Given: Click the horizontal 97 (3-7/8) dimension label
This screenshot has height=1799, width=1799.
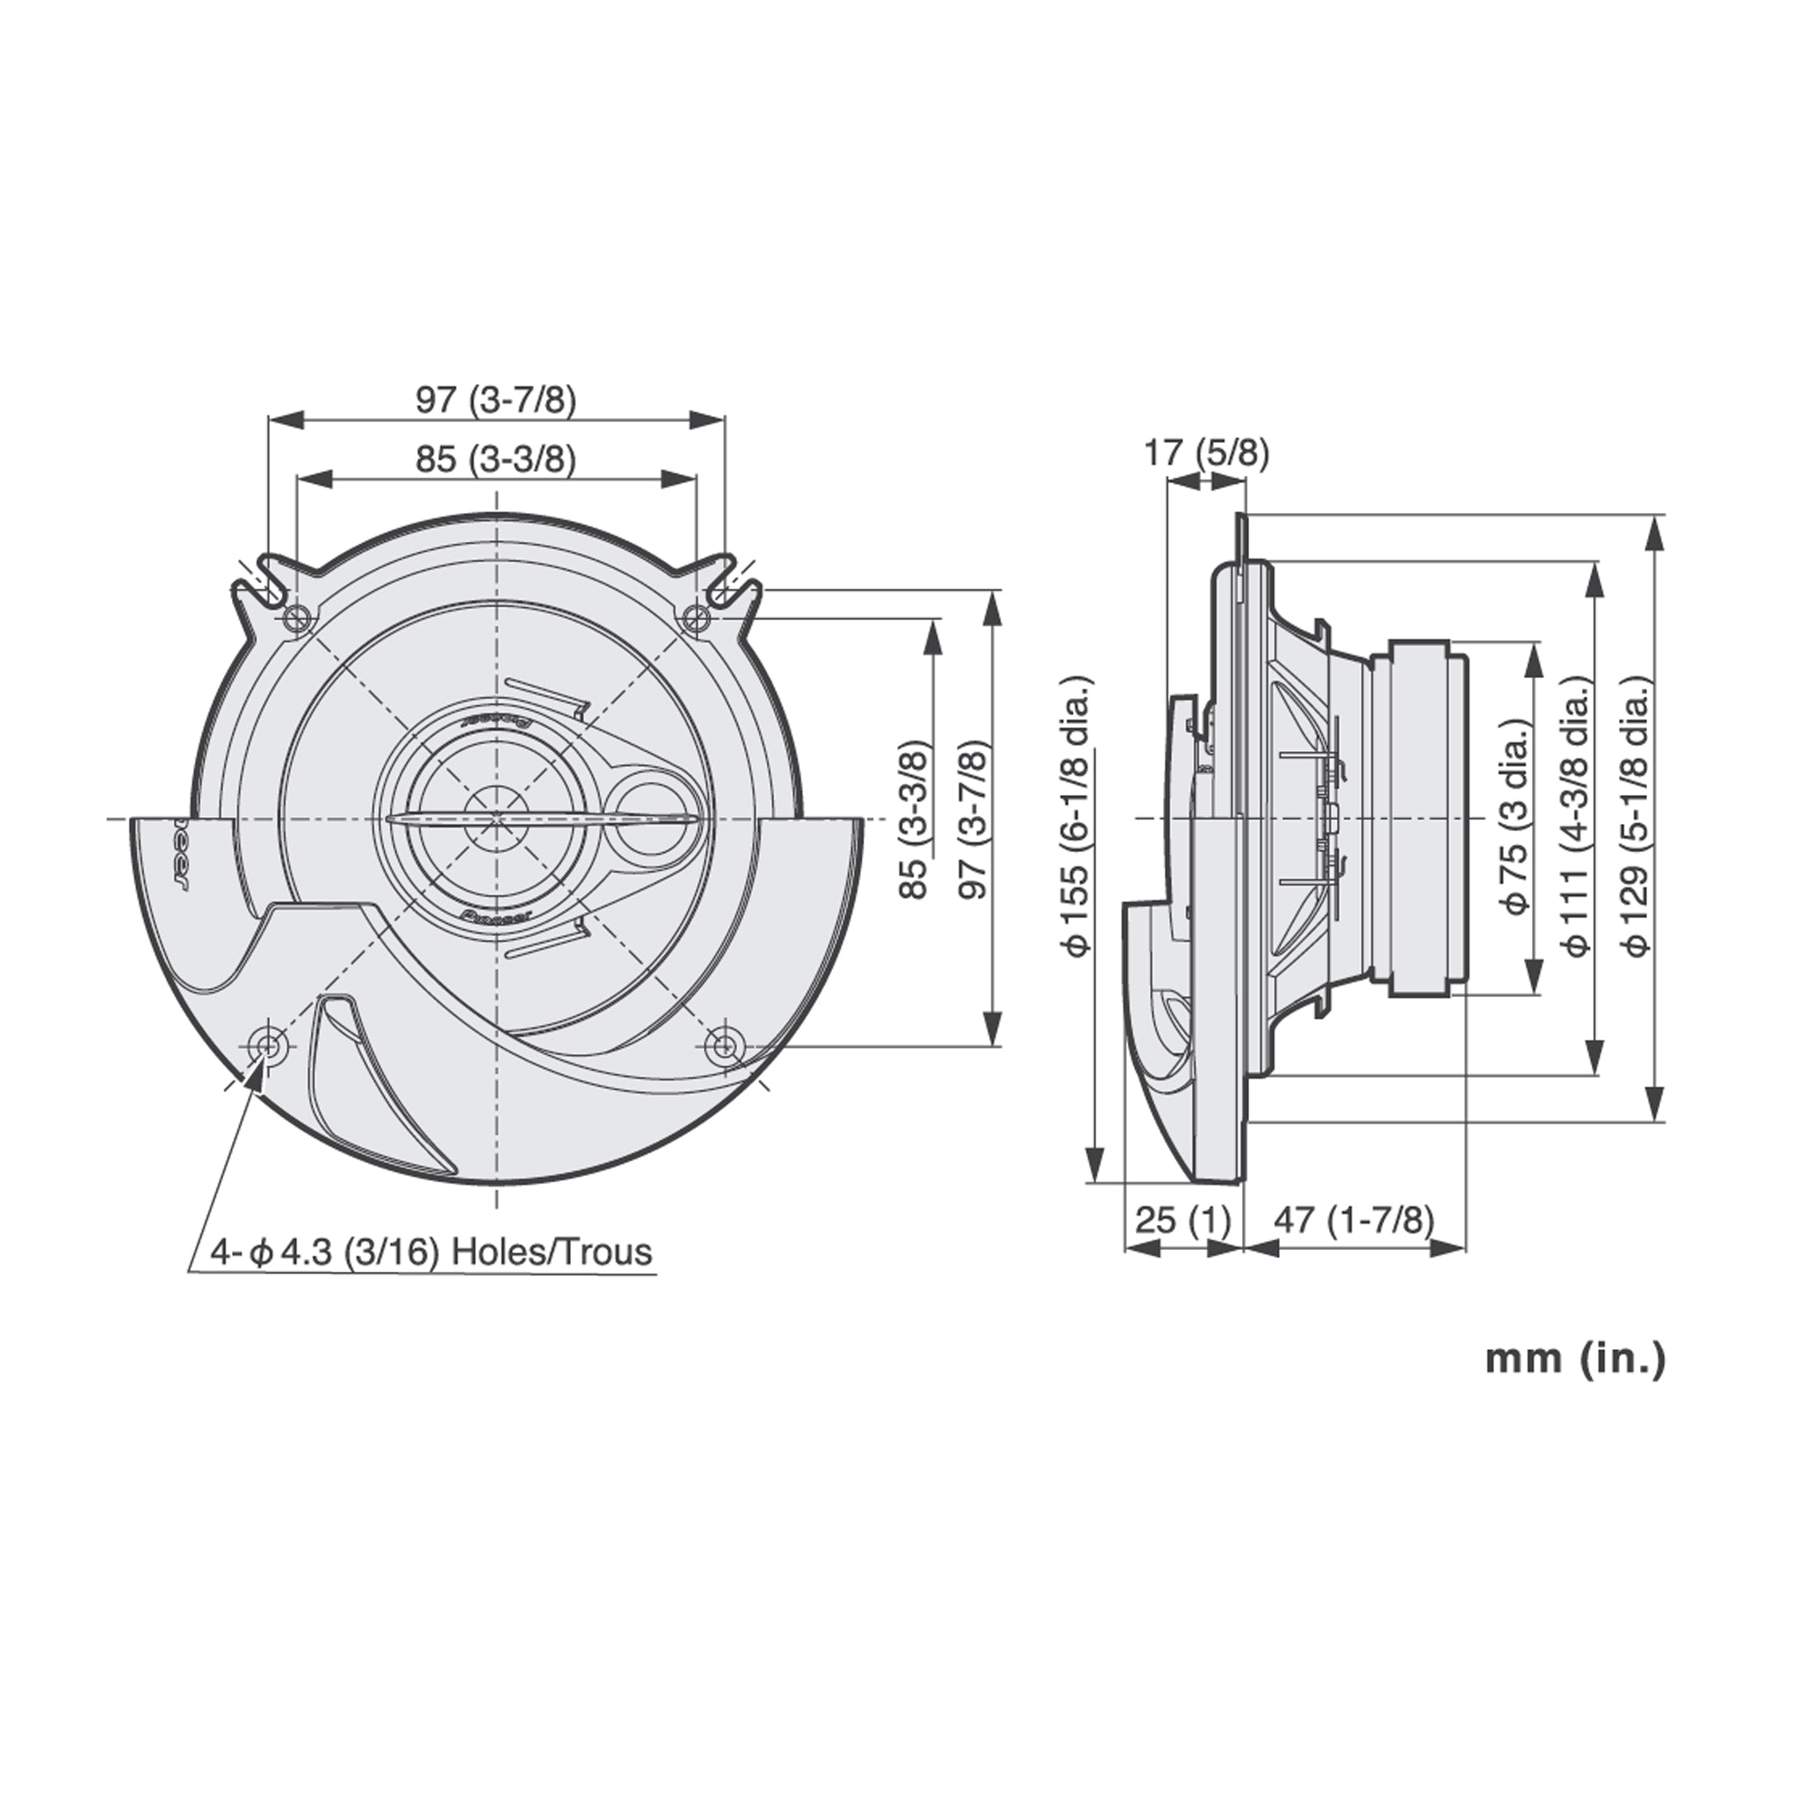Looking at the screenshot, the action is [495, 400].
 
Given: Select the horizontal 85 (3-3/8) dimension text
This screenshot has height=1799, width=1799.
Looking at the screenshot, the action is [495, 459].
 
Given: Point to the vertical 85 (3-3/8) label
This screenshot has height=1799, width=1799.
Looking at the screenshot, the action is [915, 819].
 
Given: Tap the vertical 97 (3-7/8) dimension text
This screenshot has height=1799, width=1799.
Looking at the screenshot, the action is [973, 819].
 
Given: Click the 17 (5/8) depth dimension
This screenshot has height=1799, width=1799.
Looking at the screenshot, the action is [1205, 452].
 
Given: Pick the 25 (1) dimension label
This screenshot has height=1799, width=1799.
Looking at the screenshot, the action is [1182, 1219].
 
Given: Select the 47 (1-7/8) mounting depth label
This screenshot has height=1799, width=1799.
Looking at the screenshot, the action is [1354, 1219].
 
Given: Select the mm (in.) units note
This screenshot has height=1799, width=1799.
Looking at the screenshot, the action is [1573, 1359].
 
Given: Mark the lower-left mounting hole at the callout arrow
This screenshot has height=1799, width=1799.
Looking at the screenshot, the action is [269, 1044].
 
